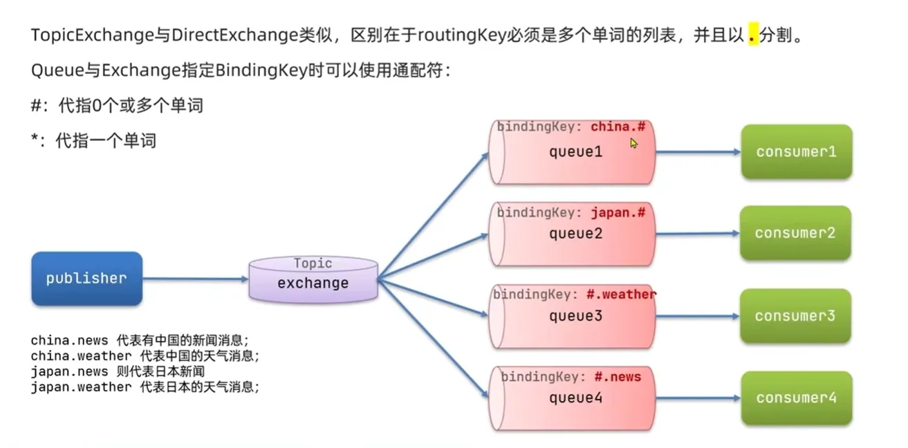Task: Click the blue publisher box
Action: pyautogui.click(x=86, y=279)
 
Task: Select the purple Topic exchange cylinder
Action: pyautogui.click(x=313, y=279)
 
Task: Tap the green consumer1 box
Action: pyautogui.click(x=796, y=152)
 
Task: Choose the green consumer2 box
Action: pyautogui.click(x=795, y=233)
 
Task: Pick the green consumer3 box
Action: pyautogui.click(x=795, y=316)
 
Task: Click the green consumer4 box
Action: pyautogui.click(x=796, y=398)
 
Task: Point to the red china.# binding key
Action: pyautogui.click(x=618, y=127)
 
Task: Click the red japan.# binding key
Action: pyautogui.click(x=618, y=213)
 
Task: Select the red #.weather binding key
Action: pyautogui.click(x=621, y=295)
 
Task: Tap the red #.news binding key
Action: pyautogui.click(x=618, y=377)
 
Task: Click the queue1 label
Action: pyautogui.click(x=575, y=152)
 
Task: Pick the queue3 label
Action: pyautogui.click(x=575, y=316)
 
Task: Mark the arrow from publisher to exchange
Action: pyautogui.click(x=195, y=279)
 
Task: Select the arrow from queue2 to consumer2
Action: pyautogui.click(x=697, y=234)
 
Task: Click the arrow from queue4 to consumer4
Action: pyautogui.click(x=697, y=398)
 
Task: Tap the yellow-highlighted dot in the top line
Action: pyautogui.click(x=752, y=37)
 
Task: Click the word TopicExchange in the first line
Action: pyautogui.click(x=92, y=35)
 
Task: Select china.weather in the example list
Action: pyautogui.click(x=81, y=356)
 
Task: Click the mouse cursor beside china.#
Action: pyautogui.click(x=633, y=143)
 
